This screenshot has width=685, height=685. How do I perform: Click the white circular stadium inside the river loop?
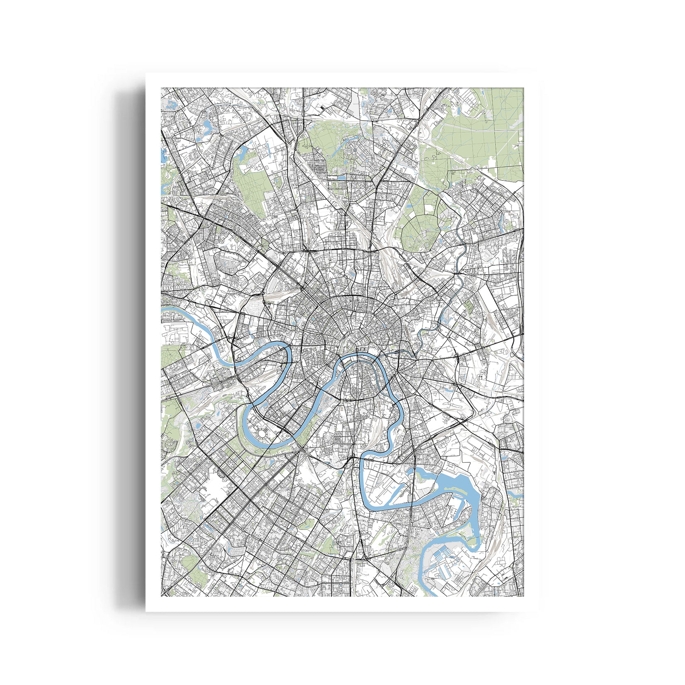(262, 434)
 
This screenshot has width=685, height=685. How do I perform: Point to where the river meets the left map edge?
(163, 309)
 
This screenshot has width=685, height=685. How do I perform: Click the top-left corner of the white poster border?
(146, 74)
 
